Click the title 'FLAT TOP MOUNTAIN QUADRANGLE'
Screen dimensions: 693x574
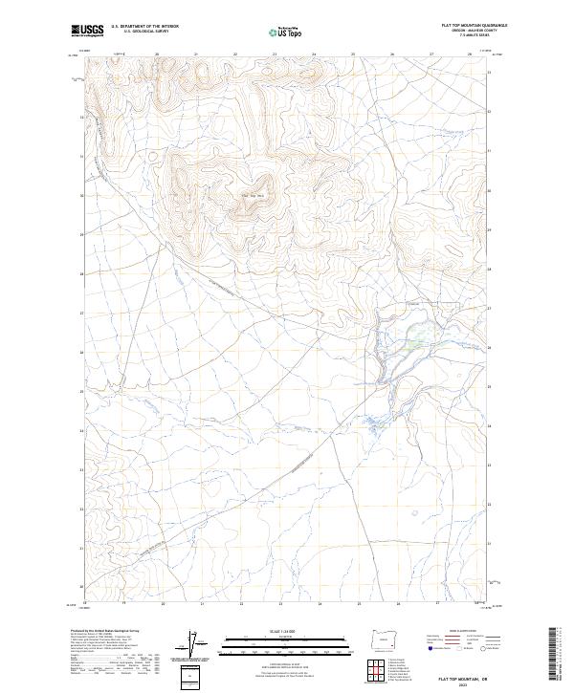(475, 25)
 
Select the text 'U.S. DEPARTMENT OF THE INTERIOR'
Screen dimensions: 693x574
(144, 26)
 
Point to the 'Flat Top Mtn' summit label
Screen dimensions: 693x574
(251, 196)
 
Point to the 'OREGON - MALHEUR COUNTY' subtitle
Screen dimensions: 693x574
(475, 31)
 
